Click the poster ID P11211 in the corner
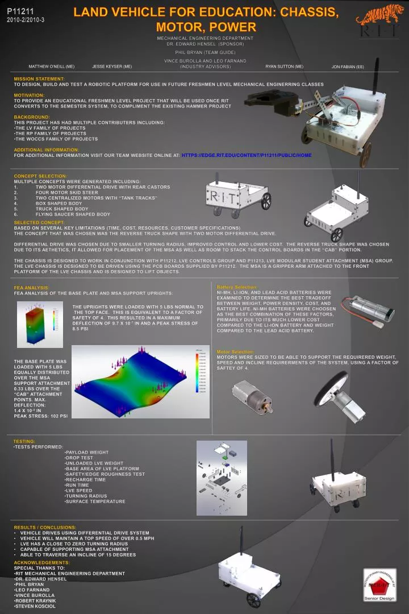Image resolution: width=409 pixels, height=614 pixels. pos(20,11)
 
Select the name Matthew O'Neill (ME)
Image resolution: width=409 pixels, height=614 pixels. pos(52,67)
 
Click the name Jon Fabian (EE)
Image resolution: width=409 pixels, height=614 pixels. pos(348,67)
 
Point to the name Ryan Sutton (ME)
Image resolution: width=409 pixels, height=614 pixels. pos(284,67)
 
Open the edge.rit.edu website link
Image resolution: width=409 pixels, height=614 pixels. pos(247,155)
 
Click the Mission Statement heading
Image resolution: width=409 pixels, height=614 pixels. pos(39,78)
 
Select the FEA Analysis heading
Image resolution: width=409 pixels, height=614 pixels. pos(32,288)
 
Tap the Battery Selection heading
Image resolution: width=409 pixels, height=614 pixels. pos(237,287)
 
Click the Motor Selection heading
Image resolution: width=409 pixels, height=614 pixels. pos(235,352)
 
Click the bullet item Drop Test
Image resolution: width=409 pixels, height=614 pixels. pos(80,458)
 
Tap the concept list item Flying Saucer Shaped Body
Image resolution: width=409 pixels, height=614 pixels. pos(73,214)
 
